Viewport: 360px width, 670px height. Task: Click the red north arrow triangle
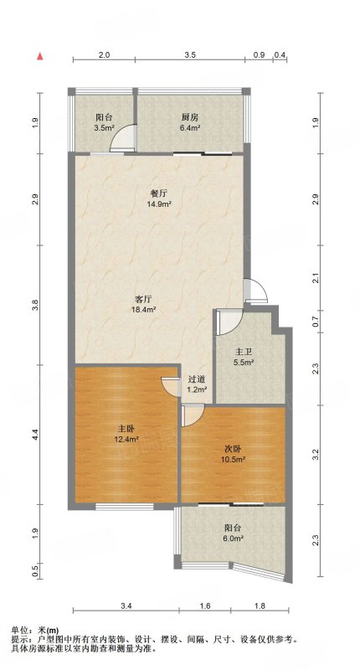40,55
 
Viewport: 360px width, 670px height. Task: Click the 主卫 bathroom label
243,352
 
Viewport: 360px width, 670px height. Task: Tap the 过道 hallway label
197,379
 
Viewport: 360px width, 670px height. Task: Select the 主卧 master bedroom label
125,429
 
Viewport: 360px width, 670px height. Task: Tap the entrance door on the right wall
256,291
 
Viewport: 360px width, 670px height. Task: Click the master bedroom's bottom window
124,507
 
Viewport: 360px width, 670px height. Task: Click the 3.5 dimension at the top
190,54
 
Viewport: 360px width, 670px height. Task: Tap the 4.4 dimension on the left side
35,435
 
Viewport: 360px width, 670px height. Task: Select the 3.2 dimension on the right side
316,454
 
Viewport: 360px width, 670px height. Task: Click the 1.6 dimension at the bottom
205,606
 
